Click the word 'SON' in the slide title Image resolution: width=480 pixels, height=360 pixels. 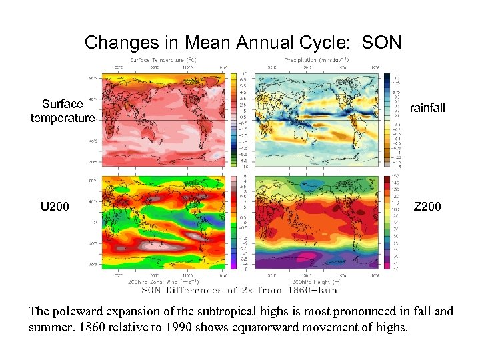(x=381, y=43)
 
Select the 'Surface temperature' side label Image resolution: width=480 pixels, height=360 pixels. (x=63, y=111)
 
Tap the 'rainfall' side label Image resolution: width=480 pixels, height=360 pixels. (x=427, y=108)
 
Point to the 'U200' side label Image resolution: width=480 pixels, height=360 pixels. (x=55, y=207)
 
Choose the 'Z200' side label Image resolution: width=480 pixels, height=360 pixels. (x=427, y=207)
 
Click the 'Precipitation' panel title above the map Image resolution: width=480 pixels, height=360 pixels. (x=309, y=59)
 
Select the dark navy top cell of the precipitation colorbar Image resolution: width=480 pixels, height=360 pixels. (x=387, y=75)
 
